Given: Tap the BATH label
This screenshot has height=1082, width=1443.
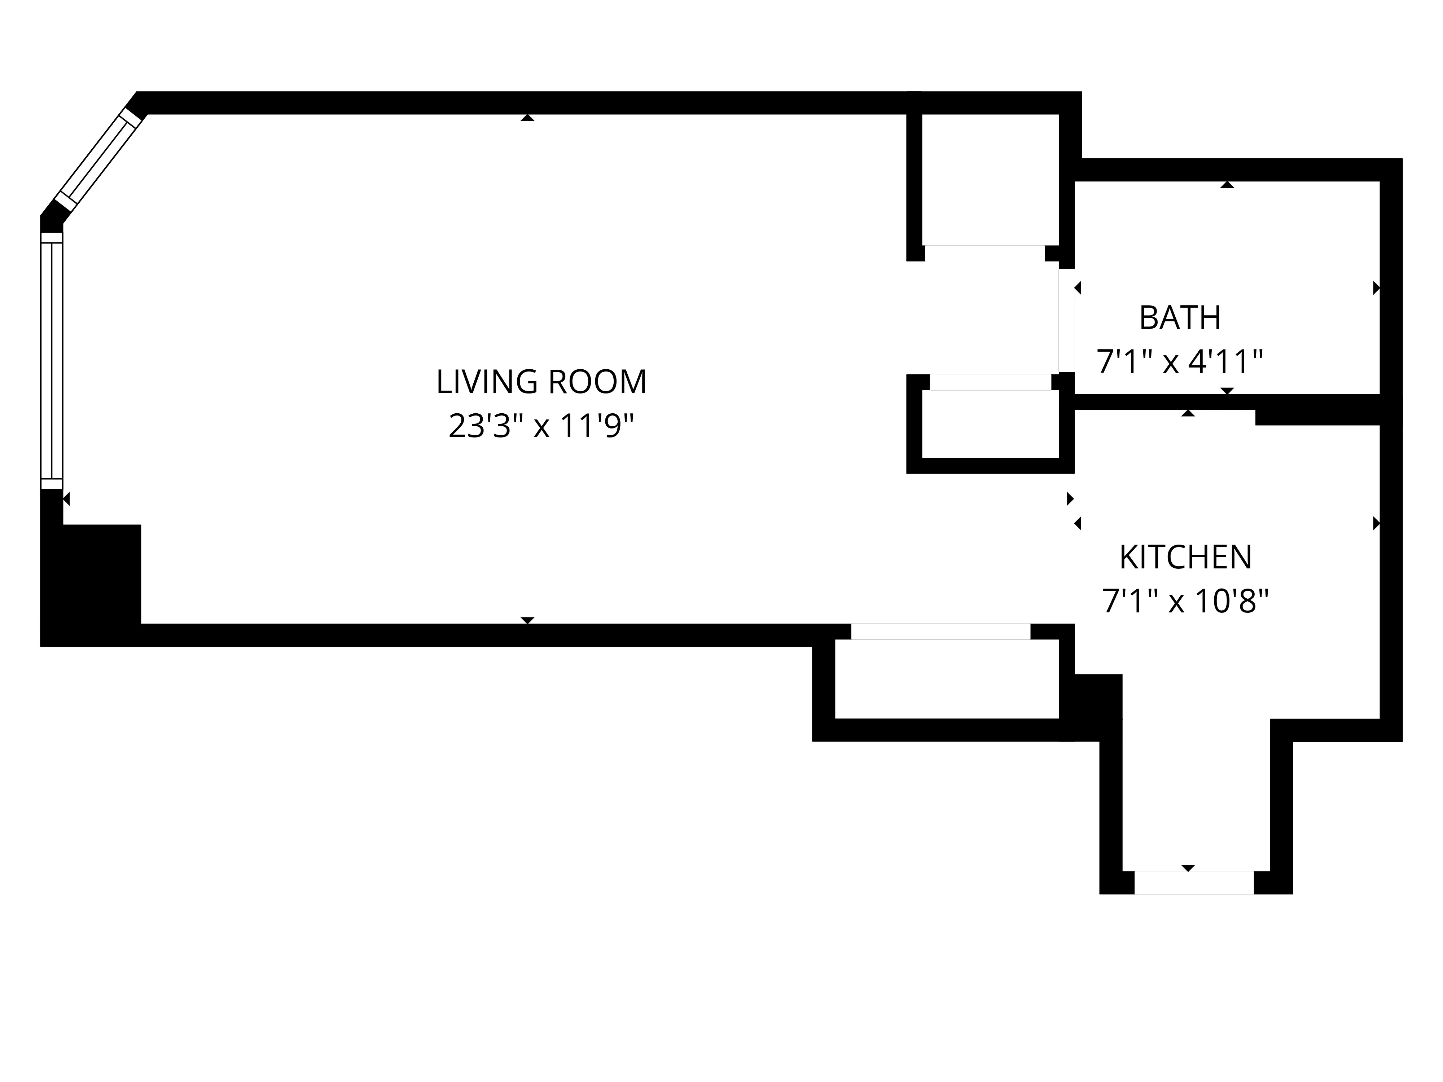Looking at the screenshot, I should coord(1179,318).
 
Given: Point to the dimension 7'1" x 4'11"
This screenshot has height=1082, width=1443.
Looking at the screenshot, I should coord(1179,362).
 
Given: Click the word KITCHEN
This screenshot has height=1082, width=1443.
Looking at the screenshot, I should coord(1185,558).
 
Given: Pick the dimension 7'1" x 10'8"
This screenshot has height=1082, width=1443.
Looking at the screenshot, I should coord(1185,601).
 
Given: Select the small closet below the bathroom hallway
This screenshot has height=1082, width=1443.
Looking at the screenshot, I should coord(990,424).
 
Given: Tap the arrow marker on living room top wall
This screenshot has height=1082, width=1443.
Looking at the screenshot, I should coord(527,118).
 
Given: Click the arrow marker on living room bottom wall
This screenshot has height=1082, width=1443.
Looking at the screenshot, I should coord(527,620).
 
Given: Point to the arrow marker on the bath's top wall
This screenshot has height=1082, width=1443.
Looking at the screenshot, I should coord(1227,185).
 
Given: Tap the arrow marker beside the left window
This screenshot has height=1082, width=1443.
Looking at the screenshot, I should coord(66,499).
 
